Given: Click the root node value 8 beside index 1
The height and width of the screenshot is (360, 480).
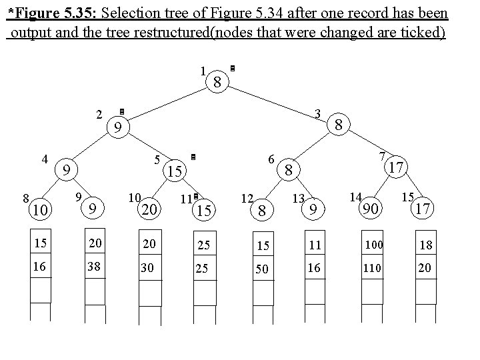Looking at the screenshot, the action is click(x=217, y=83).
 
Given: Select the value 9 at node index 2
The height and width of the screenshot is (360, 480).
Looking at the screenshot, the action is click(x=117, y=127).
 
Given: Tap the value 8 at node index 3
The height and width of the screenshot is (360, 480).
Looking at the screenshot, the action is click(x=339, y=125).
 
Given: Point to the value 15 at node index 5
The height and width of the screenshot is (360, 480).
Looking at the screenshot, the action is click(x=175, y=171).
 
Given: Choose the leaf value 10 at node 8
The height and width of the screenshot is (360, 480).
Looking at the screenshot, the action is click(x=41, y=210).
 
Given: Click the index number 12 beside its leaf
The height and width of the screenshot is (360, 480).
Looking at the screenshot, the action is click(x=247, y=198).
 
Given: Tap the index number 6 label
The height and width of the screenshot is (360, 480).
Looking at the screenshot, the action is click(x=271, y=159).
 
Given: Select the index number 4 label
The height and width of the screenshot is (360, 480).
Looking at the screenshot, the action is click(x=45, y=159).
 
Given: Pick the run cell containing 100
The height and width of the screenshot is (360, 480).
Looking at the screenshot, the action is click(x=373, y=245).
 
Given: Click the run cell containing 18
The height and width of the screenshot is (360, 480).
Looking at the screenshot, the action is click(x=426, y=245).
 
